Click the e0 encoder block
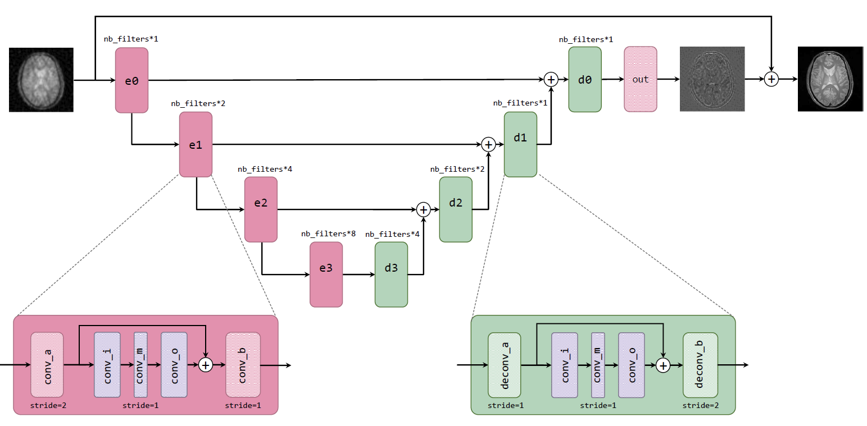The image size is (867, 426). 131,80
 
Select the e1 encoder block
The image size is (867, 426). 196,144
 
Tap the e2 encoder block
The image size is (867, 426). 261,209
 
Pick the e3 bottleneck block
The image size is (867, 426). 326,274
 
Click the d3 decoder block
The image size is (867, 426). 391,274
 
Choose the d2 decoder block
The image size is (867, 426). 456,209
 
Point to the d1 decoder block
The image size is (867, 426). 520,144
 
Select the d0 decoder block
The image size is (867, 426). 585,79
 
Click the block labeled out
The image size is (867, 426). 641,79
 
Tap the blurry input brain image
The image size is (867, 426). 41,80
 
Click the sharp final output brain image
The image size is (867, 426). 830,79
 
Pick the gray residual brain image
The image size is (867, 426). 712,79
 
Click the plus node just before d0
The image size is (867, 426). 551,80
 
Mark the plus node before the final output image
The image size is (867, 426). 772,80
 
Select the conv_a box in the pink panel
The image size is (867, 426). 47,365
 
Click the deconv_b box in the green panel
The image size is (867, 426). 700,365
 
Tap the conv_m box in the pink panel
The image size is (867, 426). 140,365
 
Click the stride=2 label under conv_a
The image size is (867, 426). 47,405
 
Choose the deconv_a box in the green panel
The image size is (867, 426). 504,365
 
